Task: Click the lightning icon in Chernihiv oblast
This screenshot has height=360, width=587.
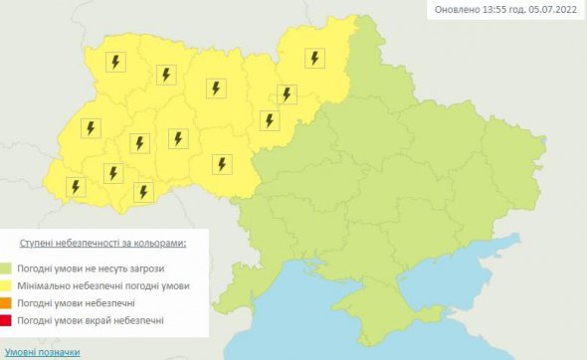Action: point(314,58)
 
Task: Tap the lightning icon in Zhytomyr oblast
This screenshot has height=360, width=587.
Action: point(216,89)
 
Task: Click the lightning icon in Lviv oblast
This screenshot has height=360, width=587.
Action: point(91,128)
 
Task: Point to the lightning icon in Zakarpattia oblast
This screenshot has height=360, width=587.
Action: point(75,186)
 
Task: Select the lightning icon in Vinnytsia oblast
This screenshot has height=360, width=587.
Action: point(220,164)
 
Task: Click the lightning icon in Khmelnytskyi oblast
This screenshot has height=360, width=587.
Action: point(178,138)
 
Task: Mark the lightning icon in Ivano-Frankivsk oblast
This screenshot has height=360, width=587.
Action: point(113,173)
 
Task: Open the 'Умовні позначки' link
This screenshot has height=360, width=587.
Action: point(41,352)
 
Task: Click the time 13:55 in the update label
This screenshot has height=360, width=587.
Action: point(480,11)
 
